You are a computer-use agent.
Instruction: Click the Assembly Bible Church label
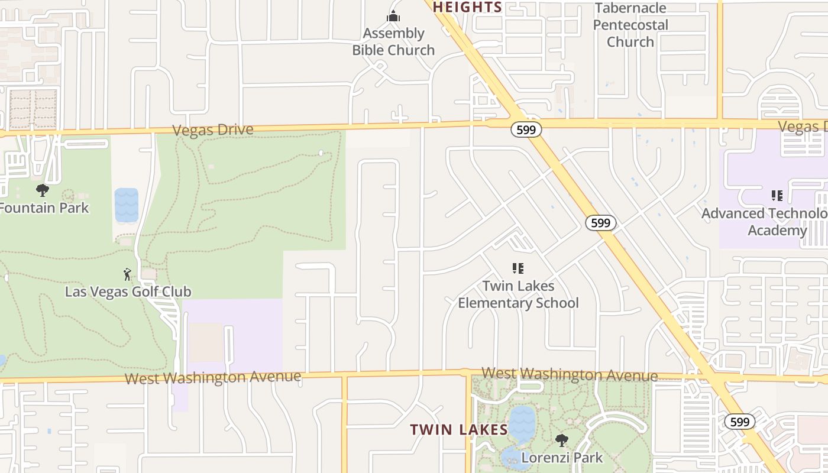393,41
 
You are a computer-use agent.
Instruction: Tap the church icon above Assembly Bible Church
393,17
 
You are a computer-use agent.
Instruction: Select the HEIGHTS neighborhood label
467,7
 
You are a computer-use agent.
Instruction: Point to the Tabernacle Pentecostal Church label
630,25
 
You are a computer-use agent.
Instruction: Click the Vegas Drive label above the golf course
213,130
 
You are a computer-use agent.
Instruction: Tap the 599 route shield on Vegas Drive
526,130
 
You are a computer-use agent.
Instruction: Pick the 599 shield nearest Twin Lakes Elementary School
601,223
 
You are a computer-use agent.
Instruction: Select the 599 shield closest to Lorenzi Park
739,422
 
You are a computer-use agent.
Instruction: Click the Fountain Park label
44,208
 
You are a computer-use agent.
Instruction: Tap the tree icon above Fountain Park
42,190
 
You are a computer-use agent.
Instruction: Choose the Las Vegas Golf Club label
128,291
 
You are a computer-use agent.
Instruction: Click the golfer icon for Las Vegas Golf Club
127,274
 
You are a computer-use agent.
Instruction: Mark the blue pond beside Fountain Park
126,205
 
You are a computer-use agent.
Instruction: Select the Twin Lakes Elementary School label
519,294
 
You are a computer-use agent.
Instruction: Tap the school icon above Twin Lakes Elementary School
518,268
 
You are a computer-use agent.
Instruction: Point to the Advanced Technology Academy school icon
777,195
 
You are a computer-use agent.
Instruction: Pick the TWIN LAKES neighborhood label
459,430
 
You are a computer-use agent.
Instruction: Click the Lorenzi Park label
562,457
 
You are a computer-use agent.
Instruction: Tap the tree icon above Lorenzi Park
561,440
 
